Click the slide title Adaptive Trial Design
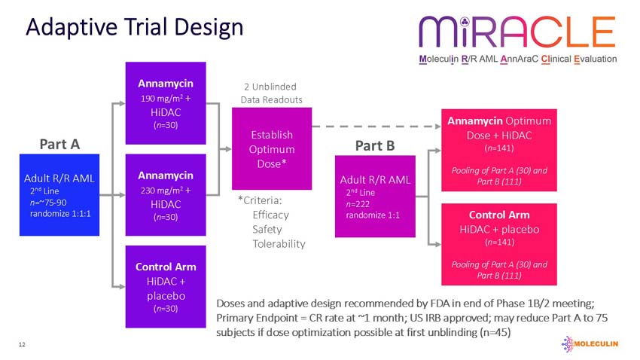click(x=134, y=27)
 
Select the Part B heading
click(x=375, y=145)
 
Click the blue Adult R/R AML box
click(x=59, y=194)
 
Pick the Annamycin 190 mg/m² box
click(x=165, y=103)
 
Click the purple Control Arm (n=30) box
click(x=165, y=286)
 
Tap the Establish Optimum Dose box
click(x=271, y=148)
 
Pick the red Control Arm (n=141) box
click(x=498, y=244)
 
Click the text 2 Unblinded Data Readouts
click(x=271, y=93)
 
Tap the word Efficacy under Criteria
click(x=270, y=215)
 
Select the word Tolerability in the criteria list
click(x=279, y=243)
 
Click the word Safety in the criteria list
click(x=267, y=229)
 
